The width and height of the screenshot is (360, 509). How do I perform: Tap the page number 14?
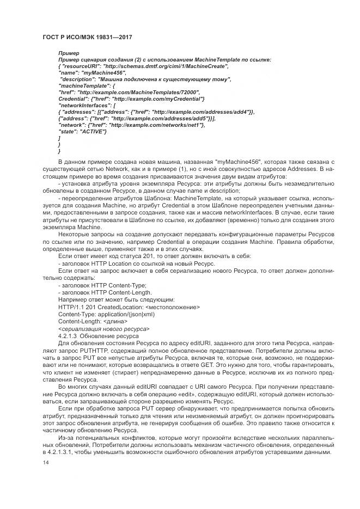click(45, 462)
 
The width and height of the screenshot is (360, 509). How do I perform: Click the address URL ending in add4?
click(202, 112)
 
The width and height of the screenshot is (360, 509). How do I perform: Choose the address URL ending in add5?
click(163, 118)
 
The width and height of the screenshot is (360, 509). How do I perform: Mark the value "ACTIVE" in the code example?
click(93, 131)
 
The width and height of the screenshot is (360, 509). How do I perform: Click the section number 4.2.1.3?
click(69, 336)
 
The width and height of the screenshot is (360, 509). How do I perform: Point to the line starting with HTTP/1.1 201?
click(129, 307)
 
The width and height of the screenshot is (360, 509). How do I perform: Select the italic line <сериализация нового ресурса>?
click(103, 329)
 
